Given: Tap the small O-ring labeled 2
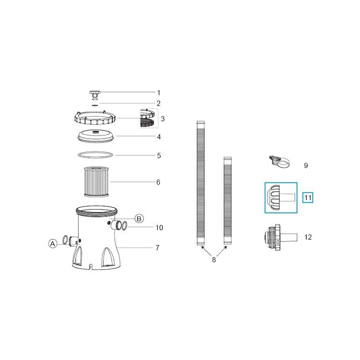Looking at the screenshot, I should (x=95, y=104).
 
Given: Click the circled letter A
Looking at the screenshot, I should (x=53, y=243).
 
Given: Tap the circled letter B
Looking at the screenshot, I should (x=139, y=219).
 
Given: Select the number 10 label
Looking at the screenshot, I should (x=159, y=228).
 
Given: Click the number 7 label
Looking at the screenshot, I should (x=157, y=247).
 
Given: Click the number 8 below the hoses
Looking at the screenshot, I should (x=214, y=260).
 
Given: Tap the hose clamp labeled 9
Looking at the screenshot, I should (x=279, y=162).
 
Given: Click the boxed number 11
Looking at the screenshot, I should (x=308, y=197).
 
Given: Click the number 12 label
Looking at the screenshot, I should (x=308, y=237).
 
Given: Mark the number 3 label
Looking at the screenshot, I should (x=162, y=119).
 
